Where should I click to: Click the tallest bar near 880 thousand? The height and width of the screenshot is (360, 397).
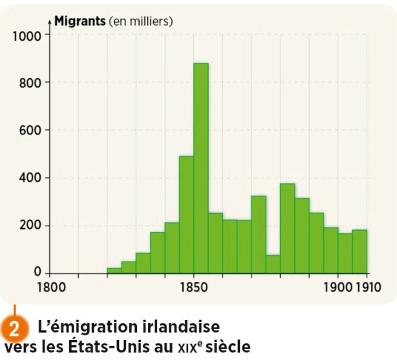(x=200, y=168)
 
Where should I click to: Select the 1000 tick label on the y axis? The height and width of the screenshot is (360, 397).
(x=26, y=35)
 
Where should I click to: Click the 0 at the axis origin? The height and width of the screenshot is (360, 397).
(x=38, y=273)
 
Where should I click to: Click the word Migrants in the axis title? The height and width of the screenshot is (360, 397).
(x=80, y=21)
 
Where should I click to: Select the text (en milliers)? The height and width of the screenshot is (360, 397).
(x=140, y=21)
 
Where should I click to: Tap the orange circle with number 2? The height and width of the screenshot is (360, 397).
(x=14, y=328)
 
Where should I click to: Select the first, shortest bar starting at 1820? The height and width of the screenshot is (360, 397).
(x=114, y=270)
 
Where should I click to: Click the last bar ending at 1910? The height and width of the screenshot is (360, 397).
(x=360, y=251)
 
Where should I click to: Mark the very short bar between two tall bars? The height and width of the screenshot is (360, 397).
(x=273, y=264)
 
